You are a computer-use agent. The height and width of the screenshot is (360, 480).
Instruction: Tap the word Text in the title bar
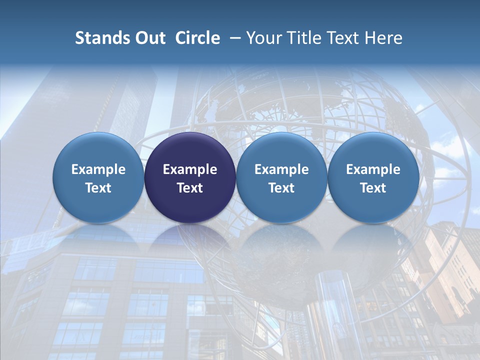[340, 38]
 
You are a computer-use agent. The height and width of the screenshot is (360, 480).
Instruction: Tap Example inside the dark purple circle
[190, 169]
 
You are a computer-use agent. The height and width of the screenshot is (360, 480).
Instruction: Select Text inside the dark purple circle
[190, 188]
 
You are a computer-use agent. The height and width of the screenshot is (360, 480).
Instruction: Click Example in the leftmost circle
[98, 169]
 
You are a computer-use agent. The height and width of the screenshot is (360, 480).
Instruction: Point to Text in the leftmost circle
[98, 188]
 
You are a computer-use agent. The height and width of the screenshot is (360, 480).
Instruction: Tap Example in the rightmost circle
[373, 169]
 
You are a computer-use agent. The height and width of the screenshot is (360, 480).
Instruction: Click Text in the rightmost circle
[373, 188]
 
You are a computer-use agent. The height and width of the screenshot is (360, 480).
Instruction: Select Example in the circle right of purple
[281, 169]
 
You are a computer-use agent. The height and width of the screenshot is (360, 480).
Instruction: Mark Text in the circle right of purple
[281, 188]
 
